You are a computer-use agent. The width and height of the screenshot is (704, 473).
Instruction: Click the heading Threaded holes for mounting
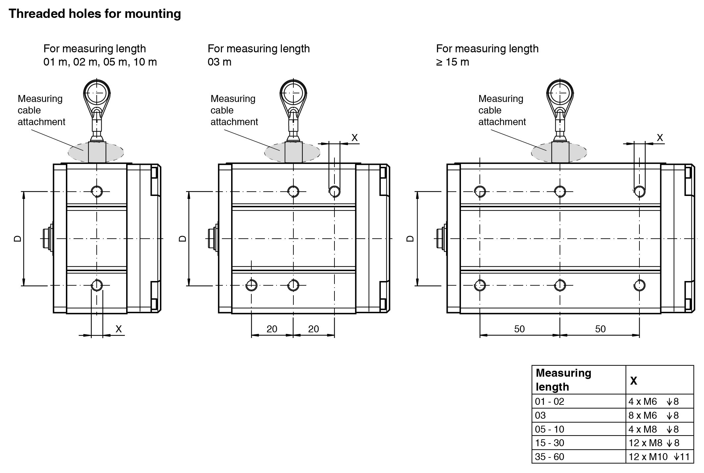tap(95, 14)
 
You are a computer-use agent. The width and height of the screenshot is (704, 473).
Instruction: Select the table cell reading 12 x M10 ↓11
tap(659, 457)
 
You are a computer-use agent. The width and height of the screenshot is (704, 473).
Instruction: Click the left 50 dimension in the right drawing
tap(519, 329)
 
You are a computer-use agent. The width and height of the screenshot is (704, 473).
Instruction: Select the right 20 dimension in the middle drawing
tap(313, 329)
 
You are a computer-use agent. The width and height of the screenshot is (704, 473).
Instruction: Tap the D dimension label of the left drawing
tap(18, 238)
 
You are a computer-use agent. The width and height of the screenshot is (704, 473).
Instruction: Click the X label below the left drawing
tap(119, 329)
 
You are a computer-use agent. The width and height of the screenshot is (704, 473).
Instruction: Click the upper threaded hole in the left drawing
tap(97, 191)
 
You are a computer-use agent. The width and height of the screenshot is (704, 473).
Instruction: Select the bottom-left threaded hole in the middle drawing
tap(252, 285)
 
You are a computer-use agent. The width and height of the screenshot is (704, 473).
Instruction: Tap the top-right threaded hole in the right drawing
tap(639, 191)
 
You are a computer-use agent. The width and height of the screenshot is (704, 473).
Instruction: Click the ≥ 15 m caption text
tap(452, 62)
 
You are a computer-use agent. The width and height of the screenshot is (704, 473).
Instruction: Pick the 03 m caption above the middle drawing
tap(219, 62)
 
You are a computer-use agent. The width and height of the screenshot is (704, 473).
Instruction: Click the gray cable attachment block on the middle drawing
tap(293, 152)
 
